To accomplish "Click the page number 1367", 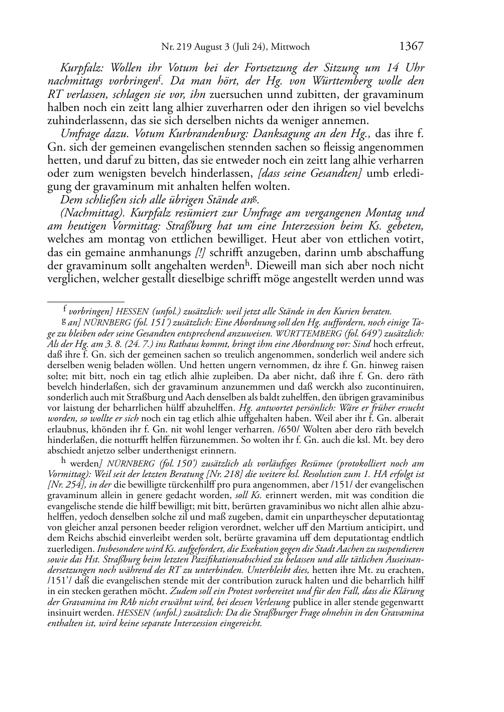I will point(411,46).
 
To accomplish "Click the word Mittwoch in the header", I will point(290,47).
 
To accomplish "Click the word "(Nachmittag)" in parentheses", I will point(88,212).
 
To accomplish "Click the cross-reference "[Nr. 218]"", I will point(221,473).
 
